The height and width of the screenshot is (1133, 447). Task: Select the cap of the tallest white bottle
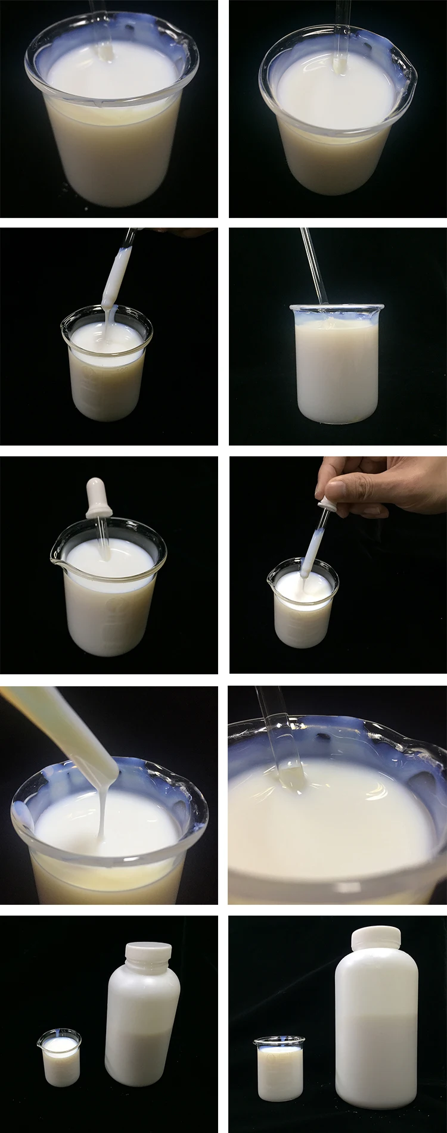pyautogui.click(x=375, y=939)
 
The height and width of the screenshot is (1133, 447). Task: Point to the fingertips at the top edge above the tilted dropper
pyautogui.click(x=179, y=231)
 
